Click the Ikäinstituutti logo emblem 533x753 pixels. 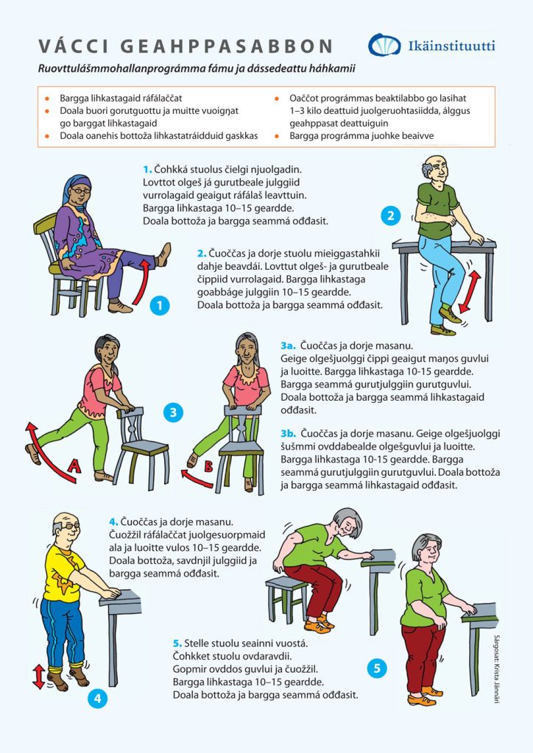(384, 45)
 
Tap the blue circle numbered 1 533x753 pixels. (160, 305)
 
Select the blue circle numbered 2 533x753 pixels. (390, 215)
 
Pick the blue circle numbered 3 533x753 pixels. (173, 412)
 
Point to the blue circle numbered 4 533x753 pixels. (98, 698)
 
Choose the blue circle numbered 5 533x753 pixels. (377, 668)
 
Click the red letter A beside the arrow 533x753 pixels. (74, 465)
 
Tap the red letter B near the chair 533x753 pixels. (208, 465)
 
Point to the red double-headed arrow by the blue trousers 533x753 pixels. (469, 292)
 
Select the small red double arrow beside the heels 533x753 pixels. (39, 677)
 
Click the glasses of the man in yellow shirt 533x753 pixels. (70, 527)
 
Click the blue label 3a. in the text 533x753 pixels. (288, 346)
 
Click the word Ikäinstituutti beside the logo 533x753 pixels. (451, 46)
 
